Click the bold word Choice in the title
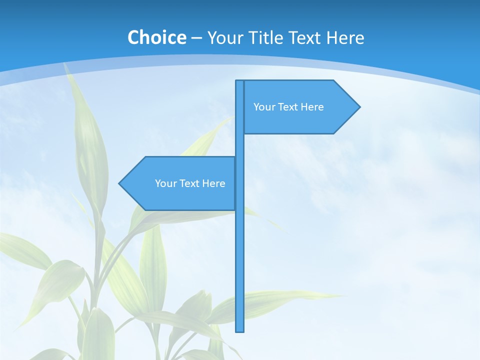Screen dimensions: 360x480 pyautogui.click(x=156, y=38)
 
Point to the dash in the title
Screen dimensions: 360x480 pyautogui.click(x=196, y=38)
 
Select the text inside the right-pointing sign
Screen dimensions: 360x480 pyautogui.click(x=288, y=107)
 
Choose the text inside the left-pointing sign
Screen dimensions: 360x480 pyautogui.click(x=190, y=183)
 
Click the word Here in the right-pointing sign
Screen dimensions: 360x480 pyautogui.click(x=312, y=107)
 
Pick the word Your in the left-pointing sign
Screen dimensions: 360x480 pyautogui.click(x=165, y=183)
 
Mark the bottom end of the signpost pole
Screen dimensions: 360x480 pyautogui.click(x=240, y=330)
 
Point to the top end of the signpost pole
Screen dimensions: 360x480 pyautogui.click(x=240, y=81)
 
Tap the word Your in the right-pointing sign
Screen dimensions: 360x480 pyautogui.click(x=263, y=107)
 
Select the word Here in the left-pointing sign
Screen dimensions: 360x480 pyautogui.click(x=214, y=183)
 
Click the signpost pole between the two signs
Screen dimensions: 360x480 pyautogui.click(x=240, y=145)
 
